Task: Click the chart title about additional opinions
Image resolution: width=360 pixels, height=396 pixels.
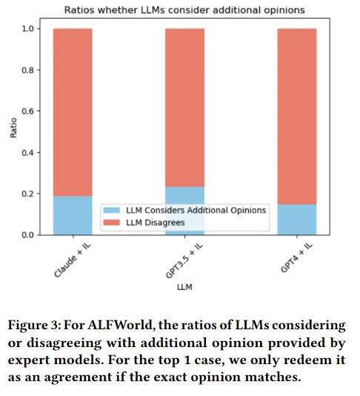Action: click(184, 10)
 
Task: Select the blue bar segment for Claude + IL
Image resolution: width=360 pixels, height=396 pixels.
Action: click(73, 215)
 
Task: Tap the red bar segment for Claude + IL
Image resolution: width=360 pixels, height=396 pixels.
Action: click(73, 113)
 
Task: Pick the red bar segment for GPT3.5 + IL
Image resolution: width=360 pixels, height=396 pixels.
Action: click(185, 108)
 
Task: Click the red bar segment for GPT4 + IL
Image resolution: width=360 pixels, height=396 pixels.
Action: click(297, 116)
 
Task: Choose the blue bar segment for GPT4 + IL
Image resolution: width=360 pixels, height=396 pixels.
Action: click(297, 220)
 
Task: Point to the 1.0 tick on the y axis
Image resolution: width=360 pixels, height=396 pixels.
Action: click(27, 29)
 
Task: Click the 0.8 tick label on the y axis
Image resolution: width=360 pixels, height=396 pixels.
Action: click(27, 70)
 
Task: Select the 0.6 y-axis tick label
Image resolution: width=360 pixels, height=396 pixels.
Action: click(27, 111)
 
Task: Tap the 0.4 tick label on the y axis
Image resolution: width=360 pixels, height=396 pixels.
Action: click(27, 153)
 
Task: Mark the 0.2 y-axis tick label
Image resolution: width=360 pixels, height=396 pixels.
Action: click(27, 194)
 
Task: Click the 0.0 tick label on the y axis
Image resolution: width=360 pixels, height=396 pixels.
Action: click(27, 235)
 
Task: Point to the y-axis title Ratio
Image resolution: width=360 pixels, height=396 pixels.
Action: click(13, 128)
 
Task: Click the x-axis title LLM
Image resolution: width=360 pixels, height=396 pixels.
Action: click(184, 287)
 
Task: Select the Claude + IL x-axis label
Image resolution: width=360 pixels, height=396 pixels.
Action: click(73, 260)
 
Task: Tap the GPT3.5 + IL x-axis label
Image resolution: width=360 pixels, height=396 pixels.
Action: click(184, 261)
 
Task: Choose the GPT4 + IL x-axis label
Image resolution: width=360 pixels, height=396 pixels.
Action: click(297, 258)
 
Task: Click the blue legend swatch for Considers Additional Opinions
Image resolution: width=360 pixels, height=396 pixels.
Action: click(112, 210)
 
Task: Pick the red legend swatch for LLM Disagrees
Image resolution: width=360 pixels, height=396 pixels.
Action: click(112, 222)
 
